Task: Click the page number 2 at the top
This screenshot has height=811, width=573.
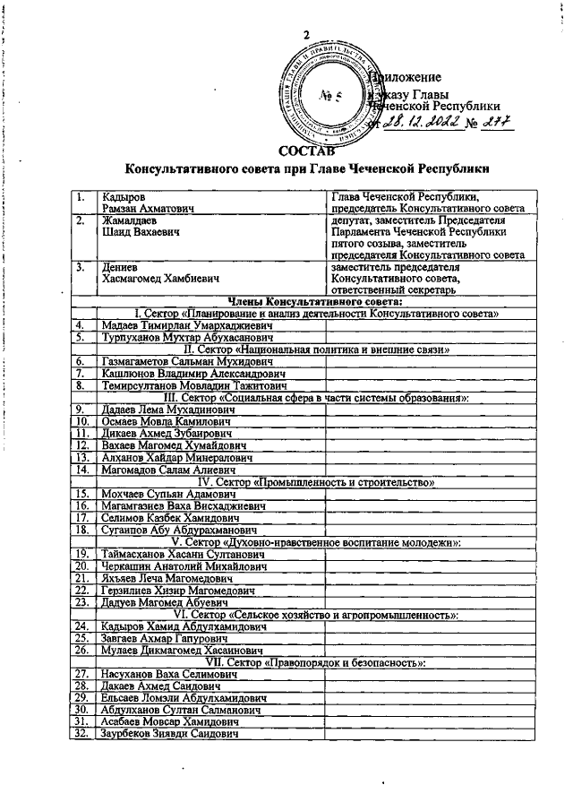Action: [306, 35]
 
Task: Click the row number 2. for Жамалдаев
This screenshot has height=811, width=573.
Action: [81, 220]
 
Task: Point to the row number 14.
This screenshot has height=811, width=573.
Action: [81, 468]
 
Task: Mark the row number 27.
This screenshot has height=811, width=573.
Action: [81, 673]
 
